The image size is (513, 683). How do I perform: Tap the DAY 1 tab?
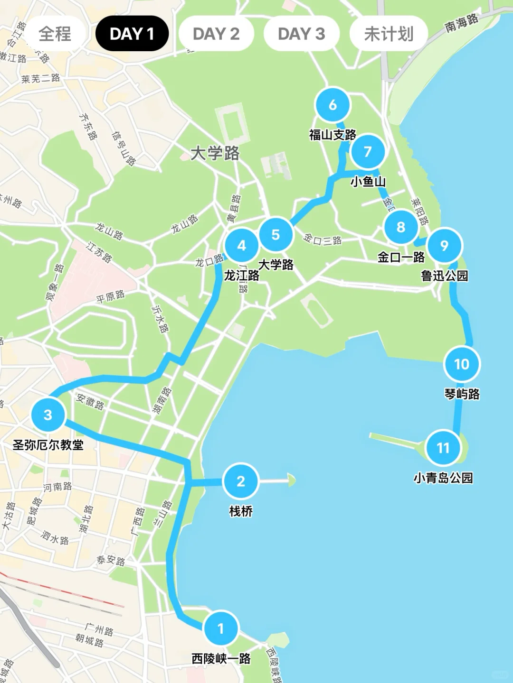[x=132, y=34]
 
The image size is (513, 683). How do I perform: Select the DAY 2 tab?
[x=216, y=34]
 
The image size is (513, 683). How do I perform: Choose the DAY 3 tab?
[x=301, y=34]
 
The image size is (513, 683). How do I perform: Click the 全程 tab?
[x=55, y=34]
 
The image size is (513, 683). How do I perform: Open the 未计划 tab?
[x=389, y=34]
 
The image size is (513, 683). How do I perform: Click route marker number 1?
[x=220, y=628]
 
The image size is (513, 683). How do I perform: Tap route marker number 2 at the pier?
[x=241, y=481]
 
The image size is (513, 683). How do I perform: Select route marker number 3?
[x=47, y=415]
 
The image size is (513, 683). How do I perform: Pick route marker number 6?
[x=332, y=105]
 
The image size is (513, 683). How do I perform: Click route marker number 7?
[x=368, y=152]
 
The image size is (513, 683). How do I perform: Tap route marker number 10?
[x=462, y=364]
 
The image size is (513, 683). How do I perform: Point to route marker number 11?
[x=443, y=448]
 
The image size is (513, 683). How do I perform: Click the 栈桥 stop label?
[x=241, y=511]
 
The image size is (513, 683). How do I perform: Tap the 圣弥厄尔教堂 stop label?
[x=48, y=445]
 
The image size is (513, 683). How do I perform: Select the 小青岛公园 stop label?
[x=443, y=478]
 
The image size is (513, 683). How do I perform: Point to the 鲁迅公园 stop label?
[x=445, y=276]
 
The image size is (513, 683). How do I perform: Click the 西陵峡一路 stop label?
[x=221, y=658]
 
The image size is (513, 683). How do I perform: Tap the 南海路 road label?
[x=461, y=23]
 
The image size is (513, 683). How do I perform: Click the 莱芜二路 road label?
[x=41, y=78]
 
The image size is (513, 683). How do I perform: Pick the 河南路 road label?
[x=57, y=487]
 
